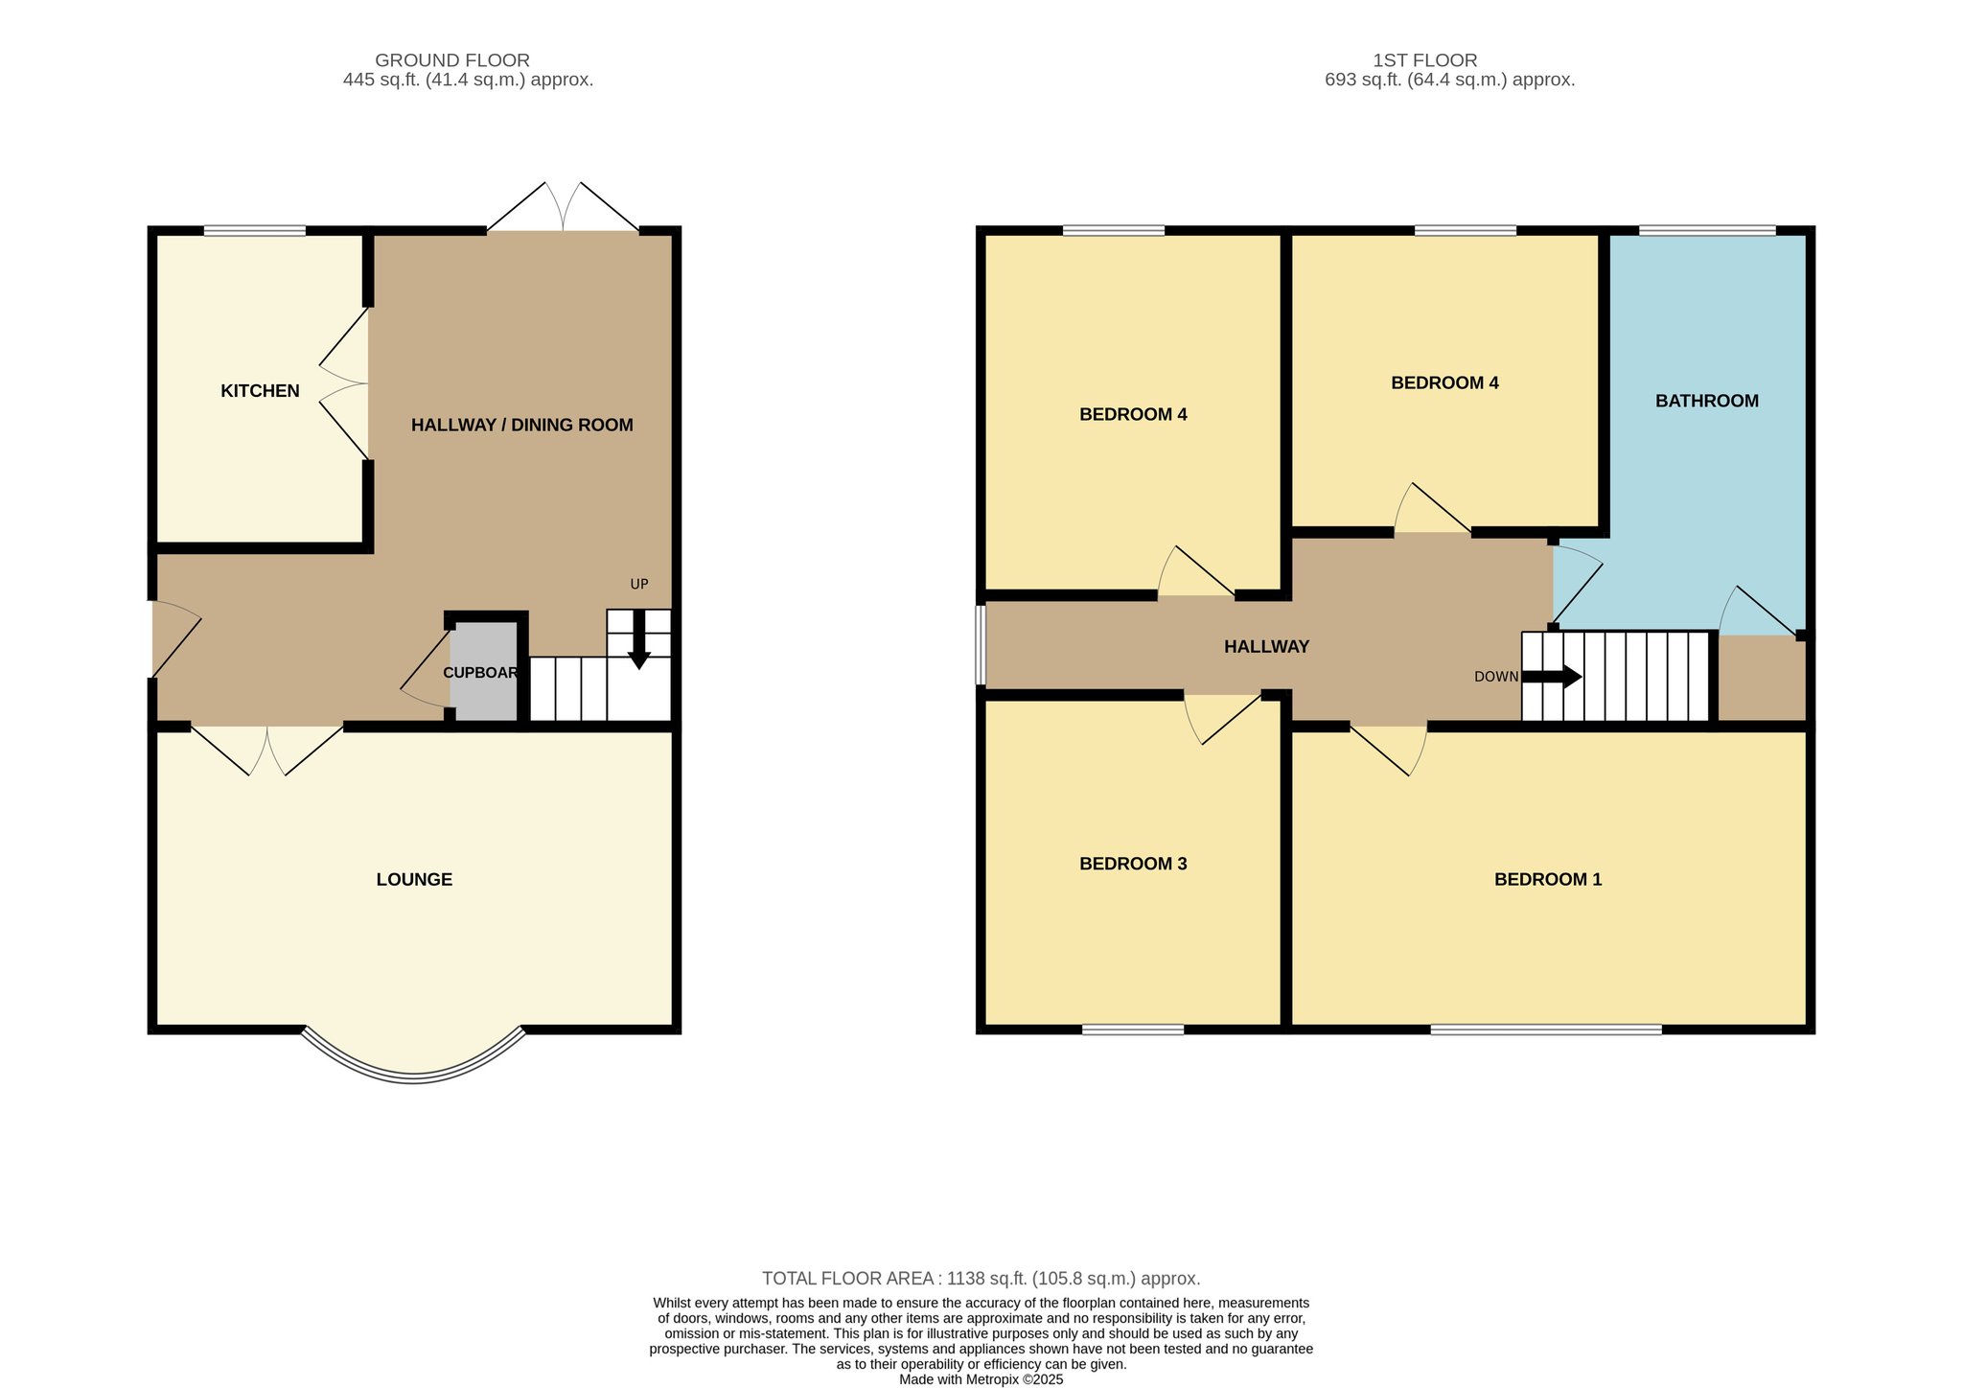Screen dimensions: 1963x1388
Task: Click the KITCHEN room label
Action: pyautogui.click(x=260, y=391)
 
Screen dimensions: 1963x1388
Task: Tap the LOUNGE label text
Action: pyautogui.click(x=414, y=880)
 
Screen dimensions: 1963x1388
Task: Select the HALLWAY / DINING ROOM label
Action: pyautogui.click(x=522, y=425)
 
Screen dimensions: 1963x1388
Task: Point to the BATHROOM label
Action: pyautogui.click(x=1707, y=401)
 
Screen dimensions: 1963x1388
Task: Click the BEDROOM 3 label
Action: pyautogui.click(x=1133, y=864)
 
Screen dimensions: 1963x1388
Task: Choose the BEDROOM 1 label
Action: pyautogui.click(x=1548, y=879)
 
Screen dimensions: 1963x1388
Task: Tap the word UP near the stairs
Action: pyautogui.click(x=639, y=584)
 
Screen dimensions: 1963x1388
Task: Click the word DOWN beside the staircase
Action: pyautogui.click(x=1496, y=677)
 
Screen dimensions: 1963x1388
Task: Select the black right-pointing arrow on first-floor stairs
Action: pyautogui.click(x=1552, y=677)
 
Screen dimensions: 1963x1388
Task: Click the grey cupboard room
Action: pyautogui.click(x=486, y=671)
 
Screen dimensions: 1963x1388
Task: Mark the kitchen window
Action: pyautogui.click(x=255, y=230)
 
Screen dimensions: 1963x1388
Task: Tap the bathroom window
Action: pyautogui.click(x=1707, y=230)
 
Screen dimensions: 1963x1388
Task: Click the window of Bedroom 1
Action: pyautogui.click(x=1546, y=1029)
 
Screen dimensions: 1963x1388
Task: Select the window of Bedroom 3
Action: pyautogui.click(x=1133, y=1029)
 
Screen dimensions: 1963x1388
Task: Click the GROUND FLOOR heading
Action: pyautogui.click(x=452, y=60)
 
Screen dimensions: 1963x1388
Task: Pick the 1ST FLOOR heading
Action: pyautogui.click(x=1425, y=60)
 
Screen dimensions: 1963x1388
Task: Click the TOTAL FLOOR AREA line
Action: pyautogui.click(x=981, y=1278)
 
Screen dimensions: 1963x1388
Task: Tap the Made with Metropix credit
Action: pyautogui.click(x=981, y=1379)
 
